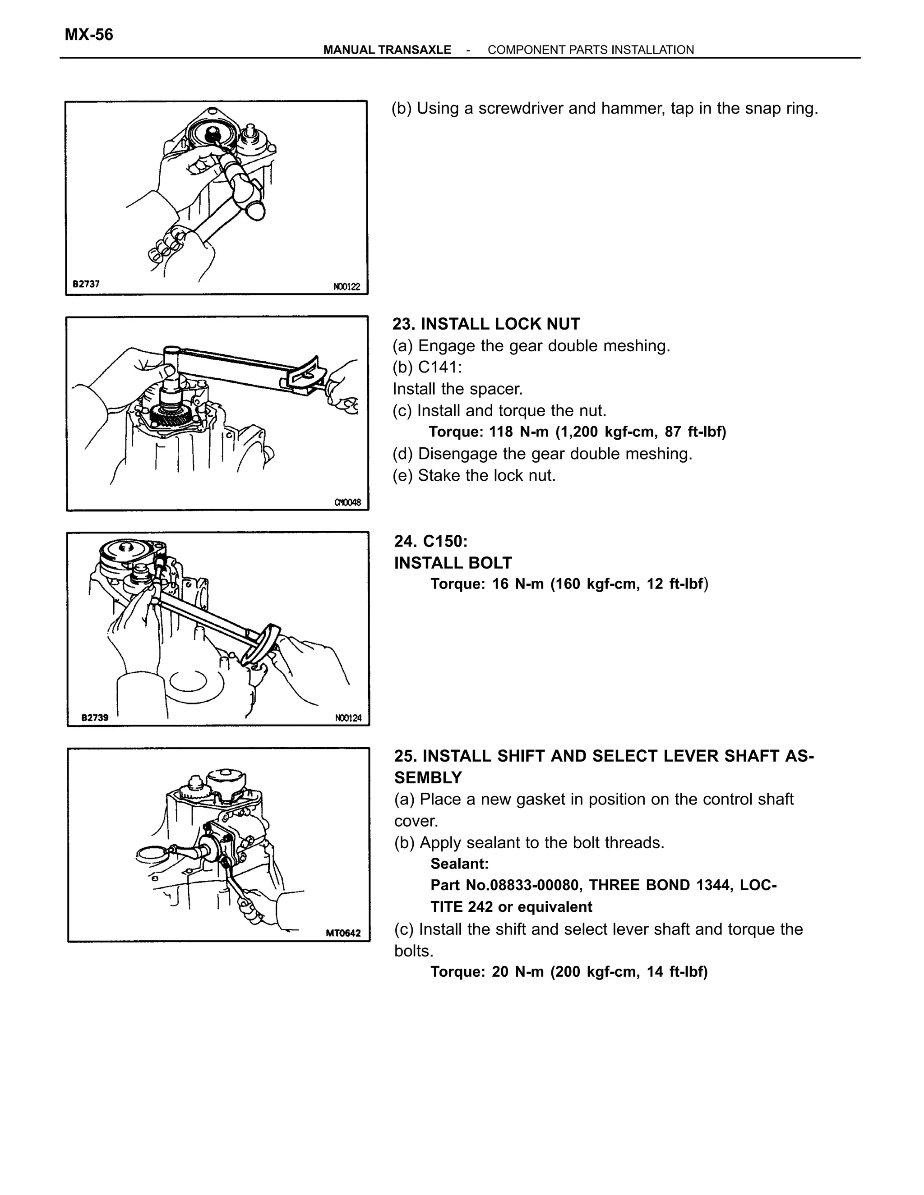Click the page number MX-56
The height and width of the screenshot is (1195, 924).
coord(89,35)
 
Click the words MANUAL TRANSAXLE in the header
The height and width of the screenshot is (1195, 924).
coord(387,50)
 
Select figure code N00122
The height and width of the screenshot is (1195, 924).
coord(346,287)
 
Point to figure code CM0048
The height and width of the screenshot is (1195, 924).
coord(347,502)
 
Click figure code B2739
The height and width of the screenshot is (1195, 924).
coord(95,717)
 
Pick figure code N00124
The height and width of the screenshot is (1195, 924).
coord(348,718)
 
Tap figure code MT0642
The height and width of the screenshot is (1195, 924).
coord(343,933)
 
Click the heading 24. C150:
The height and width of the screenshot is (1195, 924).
coord(431,541)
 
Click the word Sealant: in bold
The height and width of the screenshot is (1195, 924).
coord(459,864)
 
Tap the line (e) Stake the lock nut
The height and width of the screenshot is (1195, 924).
coord(474,475)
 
